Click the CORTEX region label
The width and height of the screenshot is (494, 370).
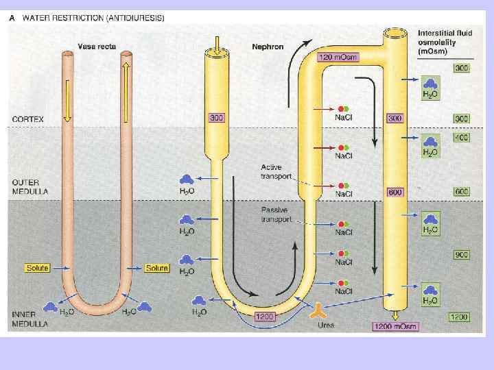[x=27, y=119]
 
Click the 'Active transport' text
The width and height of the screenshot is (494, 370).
[x=277, y=171]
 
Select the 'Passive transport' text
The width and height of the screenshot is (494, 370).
[x=277, y=214]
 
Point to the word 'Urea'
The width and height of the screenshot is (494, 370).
[x=325, y=325]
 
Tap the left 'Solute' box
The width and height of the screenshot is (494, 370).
[x=37, y=268]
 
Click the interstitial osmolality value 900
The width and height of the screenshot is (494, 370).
[x=461, y=255]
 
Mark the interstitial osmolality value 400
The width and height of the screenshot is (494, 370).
[x=461, y=138]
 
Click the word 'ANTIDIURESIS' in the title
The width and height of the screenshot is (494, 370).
[x=132, y=19]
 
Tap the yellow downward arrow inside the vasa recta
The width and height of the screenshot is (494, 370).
[x=67, y=99]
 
